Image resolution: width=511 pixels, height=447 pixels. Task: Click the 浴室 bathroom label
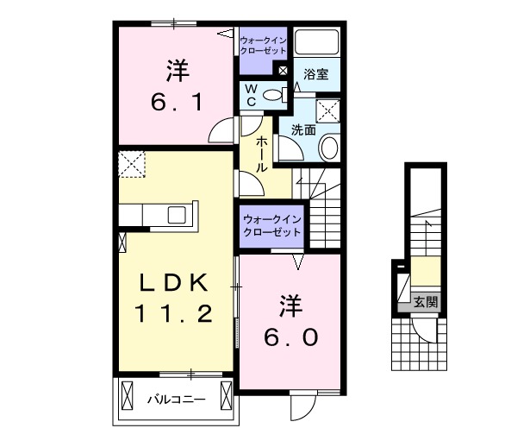(316, 75)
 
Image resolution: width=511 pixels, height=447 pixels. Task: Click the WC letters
(250, 94)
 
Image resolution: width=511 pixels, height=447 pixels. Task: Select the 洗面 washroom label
(303, 131)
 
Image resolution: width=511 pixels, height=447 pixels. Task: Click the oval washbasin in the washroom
(328, 149)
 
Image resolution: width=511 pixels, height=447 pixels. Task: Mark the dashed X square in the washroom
(327, 110)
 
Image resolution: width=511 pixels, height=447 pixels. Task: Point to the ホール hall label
(259, 154)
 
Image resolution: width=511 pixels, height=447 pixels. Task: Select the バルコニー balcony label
(175, 400)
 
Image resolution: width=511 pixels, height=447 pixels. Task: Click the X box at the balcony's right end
(225, 398)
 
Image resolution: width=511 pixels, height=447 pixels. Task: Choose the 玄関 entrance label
(425, 302)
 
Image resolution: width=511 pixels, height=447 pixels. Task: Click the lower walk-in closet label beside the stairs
(271, 225)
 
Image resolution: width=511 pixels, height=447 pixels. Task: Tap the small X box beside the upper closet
(283, 70)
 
